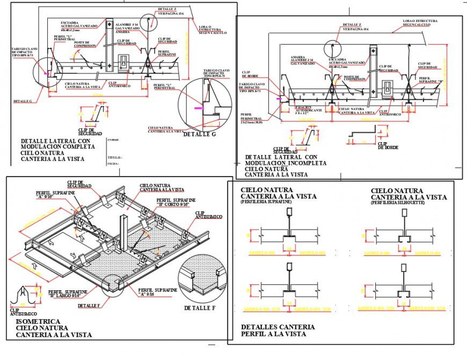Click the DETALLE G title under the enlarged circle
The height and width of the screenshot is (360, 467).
coord(199,134)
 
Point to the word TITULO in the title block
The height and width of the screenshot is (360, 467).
coord(114,157)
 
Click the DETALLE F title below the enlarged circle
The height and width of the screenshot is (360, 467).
coord(199,308)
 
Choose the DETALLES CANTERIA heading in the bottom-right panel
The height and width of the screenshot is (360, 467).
coord(278,327)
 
